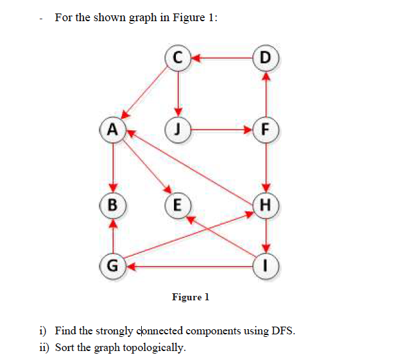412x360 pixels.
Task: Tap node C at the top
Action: click(178, 58)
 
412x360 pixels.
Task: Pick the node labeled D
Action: click(266, 58)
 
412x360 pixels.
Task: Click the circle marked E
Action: click(177, 206)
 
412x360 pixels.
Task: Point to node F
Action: click(266, 128)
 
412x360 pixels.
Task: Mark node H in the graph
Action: click(266, 206)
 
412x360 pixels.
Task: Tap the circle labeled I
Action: click(266, 264)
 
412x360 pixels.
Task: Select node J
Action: click(178, 128)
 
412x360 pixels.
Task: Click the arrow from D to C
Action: click(221, 58)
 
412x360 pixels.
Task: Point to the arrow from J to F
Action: click(221, 128)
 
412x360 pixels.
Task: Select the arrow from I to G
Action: click(193, 264)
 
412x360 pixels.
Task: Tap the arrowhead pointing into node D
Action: click(266, 74)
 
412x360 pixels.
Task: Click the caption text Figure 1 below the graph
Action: click(191, 297)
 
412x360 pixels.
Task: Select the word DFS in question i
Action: click(284, 331)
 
